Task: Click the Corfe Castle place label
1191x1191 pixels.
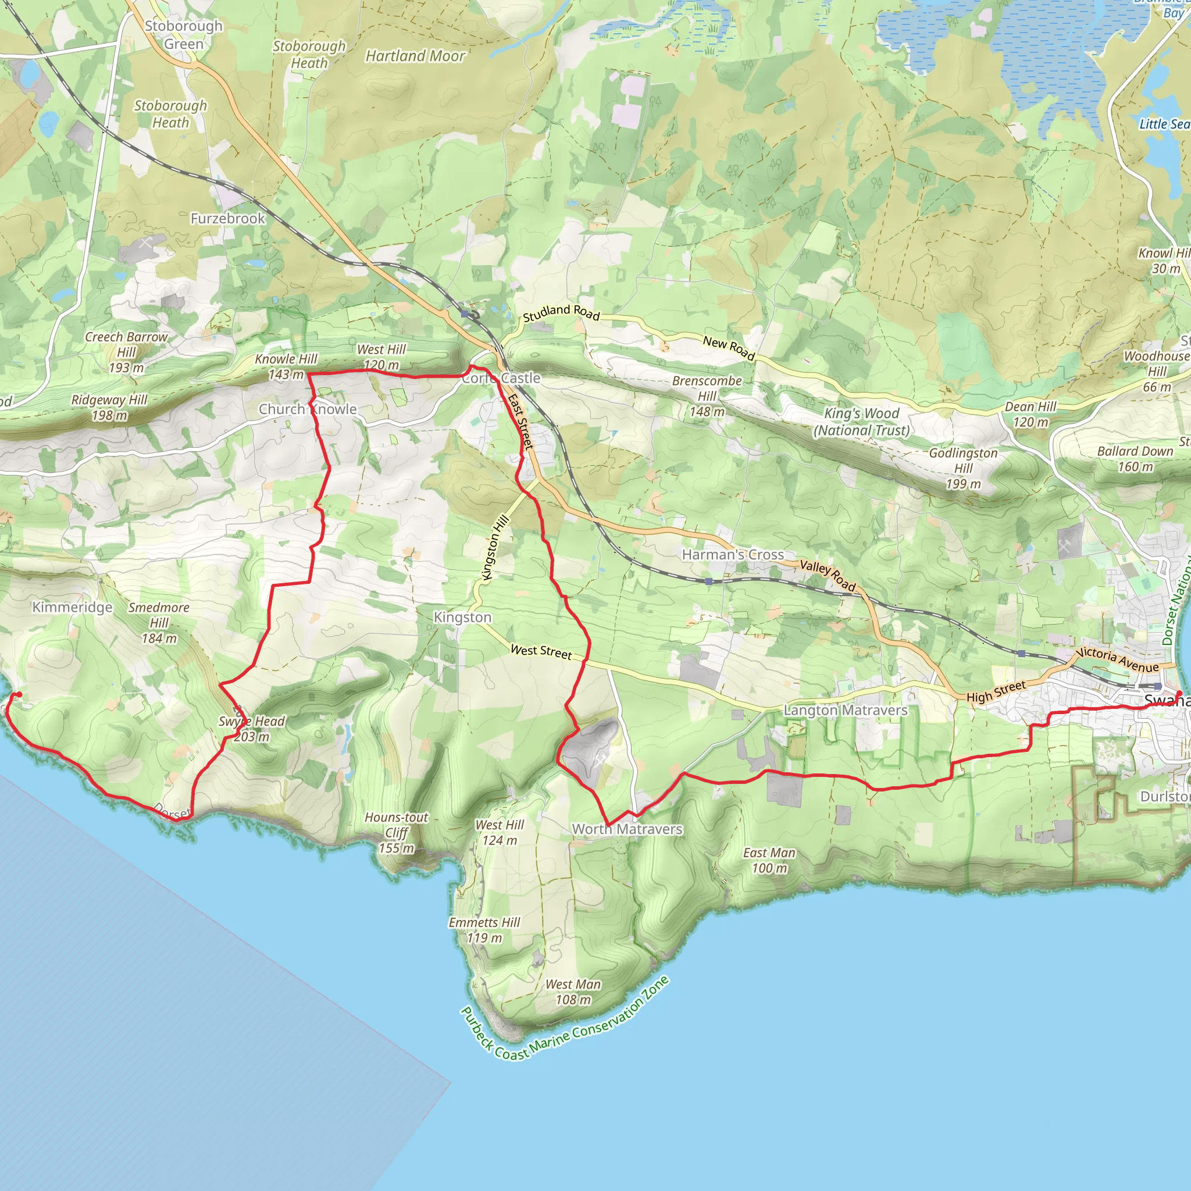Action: (x=501, y=378)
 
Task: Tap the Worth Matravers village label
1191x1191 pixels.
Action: (x=627, y=829)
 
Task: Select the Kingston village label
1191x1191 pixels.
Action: (x=462, y=617)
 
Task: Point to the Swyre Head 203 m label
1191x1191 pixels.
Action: (x=251, y=729)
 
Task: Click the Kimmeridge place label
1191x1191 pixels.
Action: (x=72, y=607)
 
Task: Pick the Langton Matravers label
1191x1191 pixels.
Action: (x=845, y=710)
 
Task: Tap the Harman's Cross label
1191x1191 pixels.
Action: (x=732, y=555)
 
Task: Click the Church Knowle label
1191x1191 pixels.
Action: (x=308, y=409)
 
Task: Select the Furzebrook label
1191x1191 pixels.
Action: (x=227, y=218)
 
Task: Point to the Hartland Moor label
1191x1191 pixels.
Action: (x=415, y=56)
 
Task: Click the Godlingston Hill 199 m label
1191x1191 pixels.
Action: (x=963, y=469)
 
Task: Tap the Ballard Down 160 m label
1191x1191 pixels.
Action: (x=1135, y=459)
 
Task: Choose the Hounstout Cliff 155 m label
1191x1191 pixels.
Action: (x=397, y=833)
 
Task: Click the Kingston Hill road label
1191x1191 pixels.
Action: (x=495, y=547)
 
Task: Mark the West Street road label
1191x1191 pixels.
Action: (x=541, y=651)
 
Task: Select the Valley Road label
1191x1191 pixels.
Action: (x=828, y=576)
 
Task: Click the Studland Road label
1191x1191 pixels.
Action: (x=561, y=312)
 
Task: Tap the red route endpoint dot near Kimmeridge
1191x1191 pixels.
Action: (x=19, y=695)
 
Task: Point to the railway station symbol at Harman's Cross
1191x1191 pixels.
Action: (x=709, y=581)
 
